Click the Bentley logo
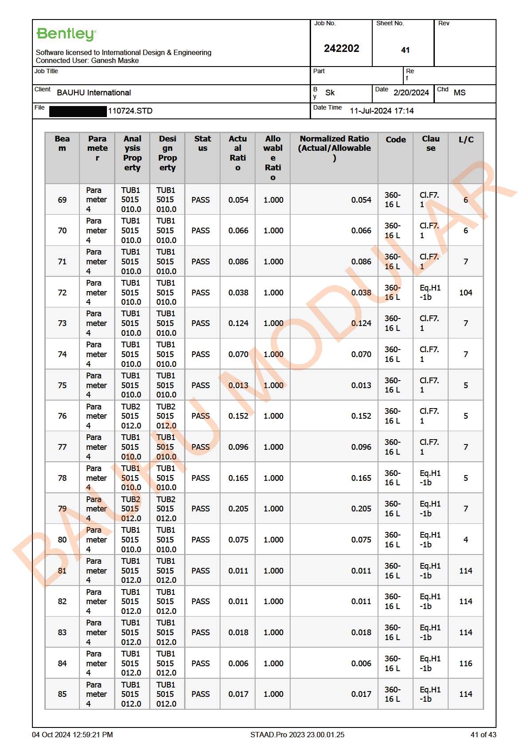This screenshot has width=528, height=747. tap(66, 34)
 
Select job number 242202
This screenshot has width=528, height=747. tap(341, 48)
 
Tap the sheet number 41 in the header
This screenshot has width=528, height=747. tap(405, 50)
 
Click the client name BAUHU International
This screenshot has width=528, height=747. tap(94, 93)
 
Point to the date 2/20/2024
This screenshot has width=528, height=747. tap(411, 93)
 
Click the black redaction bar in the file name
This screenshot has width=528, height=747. tap(78, 111)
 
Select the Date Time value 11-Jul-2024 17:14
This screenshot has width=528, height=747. tap(382, 111)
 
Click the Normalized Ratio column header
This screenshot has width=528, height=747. tap(334, 148)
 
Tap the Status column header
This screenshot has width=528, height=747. tap(202, 143)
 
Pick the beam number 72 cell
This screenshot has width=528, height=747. tap(62, 293)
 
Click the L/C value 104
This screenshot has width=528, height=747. tap(465, 293)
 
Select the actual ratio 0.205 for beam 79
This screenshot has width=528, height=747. tap(238, 509)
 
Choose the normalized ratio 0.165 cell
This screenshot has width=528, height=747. tap(361, 478)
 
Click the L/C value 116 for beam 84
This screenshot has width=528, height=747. tap(465, 664)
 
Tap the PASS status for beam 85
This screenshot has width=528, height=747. tap(201, 694)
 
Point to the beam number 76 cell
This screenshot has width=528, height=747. tap(62, 416)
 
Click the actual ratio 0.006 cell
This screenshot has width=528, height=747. tap(238, 664)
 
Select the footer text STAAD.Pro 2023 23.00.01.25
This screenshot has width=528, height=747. tap(297, 735)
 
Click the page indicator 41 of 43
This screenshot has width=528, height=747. tap(483, 735)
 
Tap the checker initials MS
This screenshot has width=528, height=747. tap(459, 93)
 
